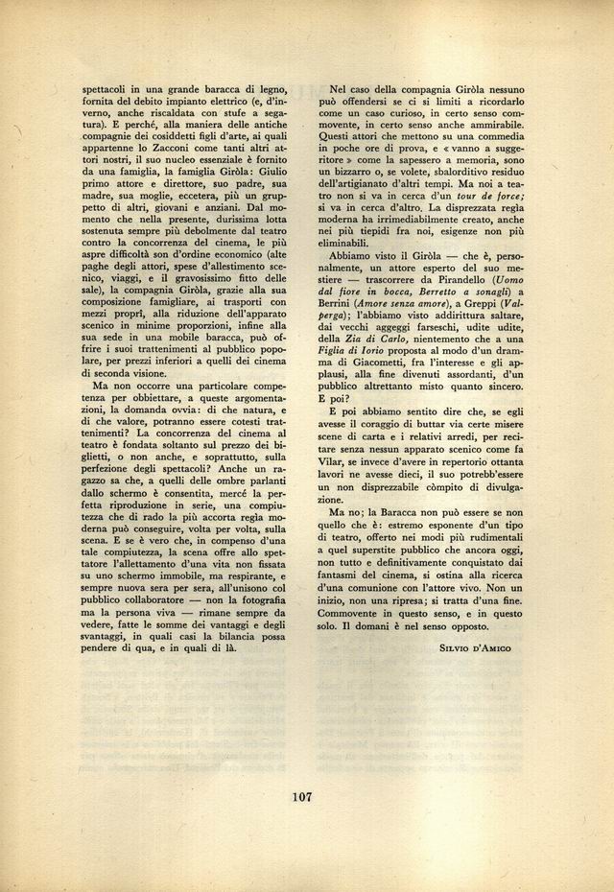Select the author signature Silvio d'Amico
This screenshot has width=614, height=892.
tap(475, 648)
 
